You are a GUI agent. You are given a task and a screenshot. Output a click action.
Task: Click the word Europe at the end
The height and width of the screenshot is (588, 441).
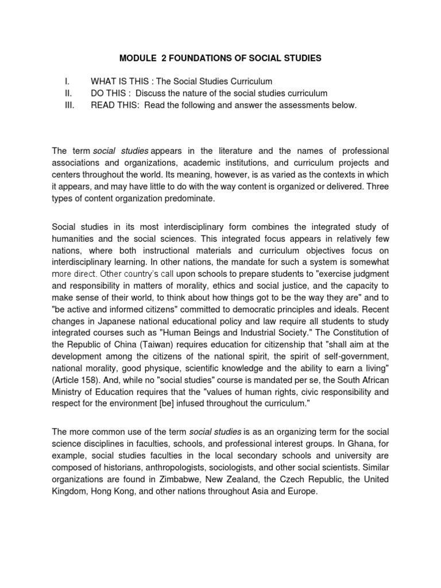(301, 492)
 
